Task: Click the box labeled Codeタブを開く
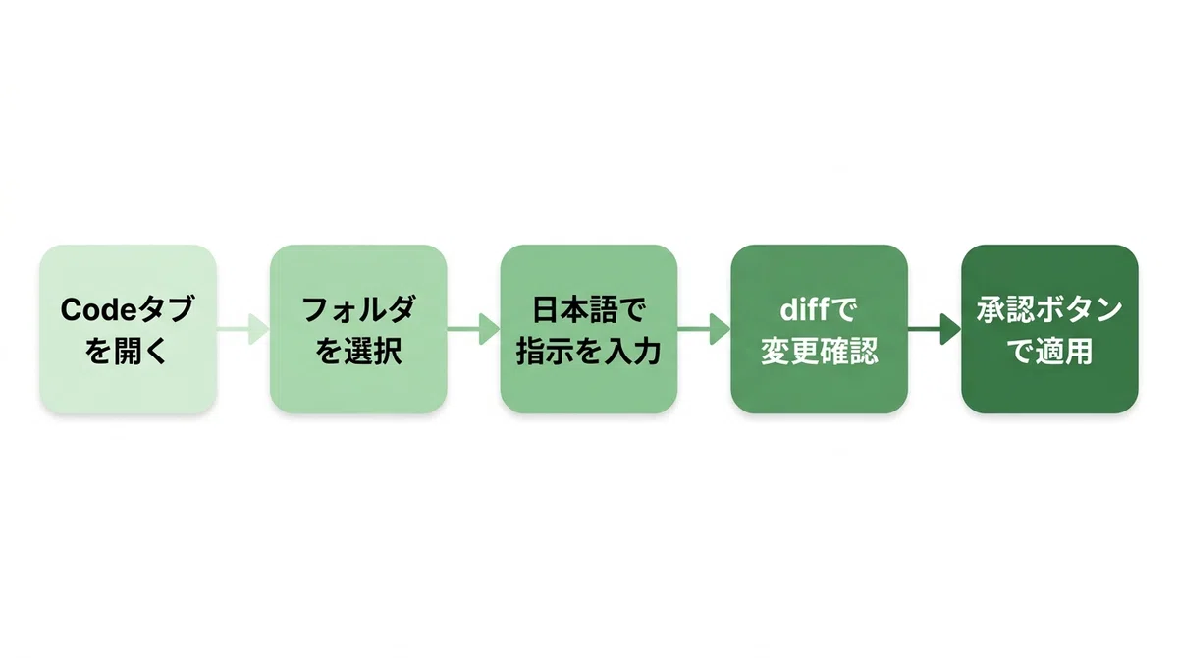click(x=129, y=329)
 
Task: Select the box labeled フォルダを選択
click(x=358, y=329)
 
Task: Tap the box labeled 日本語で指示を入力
click(x=589, y=329)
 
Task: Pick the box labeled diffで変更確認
click(x=820, y=329)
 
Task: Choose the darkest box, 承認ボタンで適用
click(x=1049, y=329)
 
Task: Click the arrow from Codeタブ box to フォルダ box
click(x=243, y=329)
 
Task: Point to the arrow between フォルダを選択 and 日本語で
click(x=473, y=329)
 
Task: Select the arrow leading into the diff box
click(x=704, y=329)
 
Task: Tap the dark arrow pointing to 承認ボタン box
click(x=935, y=329)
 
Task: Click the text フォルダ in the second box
click(x=358, y=309)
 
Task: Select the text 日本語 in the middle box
click(x=574, y=309)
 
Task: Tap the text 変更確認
click(x=820, y=351)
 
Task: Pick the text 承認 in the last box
click(x=1005, y=309)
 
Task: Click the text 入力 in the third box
click(x=632, y=351)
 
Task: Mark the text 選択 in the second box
click(x=373, y=351)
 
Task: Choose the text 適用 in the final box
click(x=1064, y=351)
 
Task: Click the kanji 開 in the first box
click(x=127, y=351)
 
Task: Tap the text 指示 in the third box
click(x=546, y=351)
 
